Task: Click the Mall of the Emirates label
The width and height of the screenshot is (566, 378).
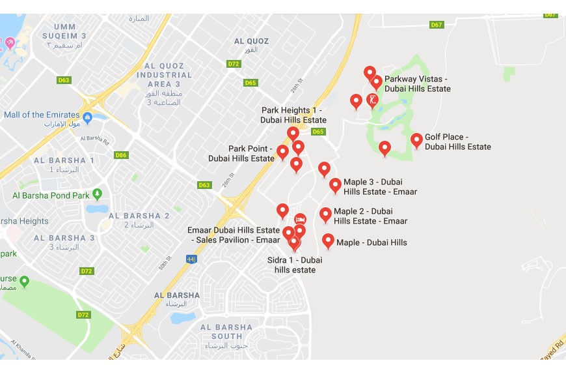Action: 42,115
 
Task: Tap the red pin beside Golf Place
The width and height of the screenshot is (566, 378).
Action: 416,140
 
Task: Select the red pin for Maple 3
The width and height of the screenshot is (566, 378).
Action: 335,185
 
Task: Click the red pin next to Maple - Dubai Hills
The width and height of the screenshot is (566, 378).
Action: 328,241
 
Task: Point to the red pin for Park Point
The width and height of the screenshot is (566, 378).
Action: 282,152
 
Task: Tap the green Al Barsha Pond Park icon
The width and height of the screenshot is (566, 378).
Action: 97,194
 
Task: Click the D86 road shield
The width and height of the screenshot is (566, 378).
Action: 120,155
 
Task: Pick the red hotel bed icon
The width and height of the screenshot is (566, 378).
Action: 300,218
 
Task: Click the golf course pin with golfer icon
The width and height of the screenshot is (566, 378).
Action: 373,100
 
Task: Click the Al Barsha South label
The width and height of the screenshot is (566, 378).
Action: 226,332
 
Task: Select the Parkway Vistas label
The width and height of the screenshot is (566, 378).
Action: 416,84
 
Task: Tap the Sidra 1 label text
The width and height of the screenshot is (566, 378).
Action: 295,265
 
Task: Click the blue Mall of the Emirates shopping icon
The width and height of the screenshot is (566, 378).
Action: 87,117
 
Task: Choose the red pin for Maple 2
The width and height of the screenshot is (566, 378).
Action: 325,214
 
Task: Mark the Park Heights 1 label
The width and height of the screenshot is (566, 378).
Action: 293,115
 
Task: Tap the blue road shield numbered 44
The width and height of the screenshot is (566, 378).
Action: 191,259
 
